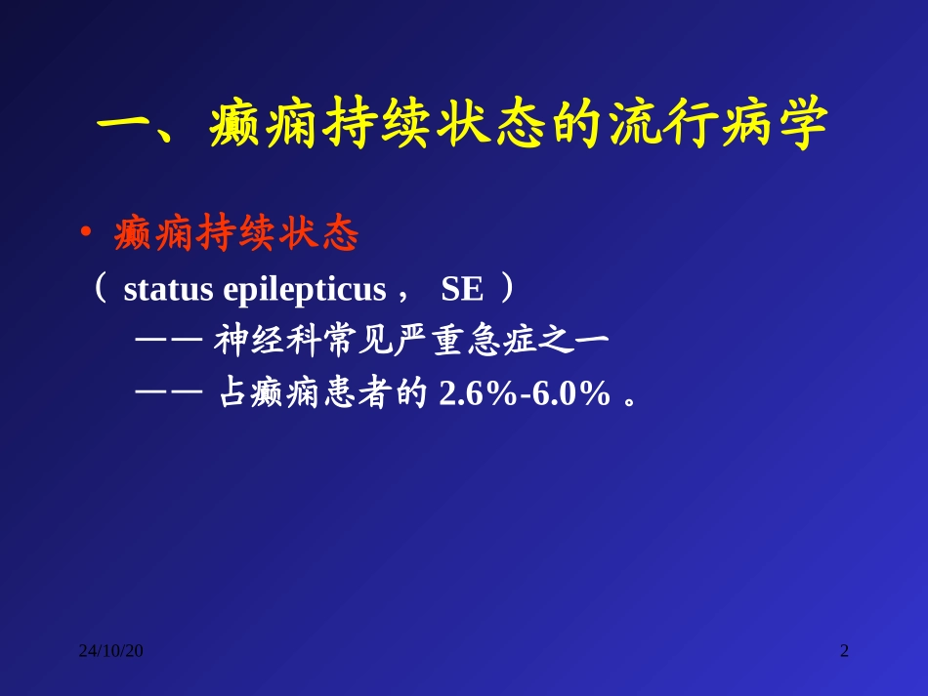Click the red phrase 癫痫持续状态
tap(236, 234)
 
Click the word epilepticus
tap(304, 290)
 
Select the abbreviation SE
tap(462, 290)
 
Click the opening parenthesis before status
tap(100, 290)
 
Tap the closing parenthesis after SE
tap(506, 290)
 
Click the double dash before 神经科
tap(168, 343)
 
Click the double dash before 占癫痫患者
tap(168, 394)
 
